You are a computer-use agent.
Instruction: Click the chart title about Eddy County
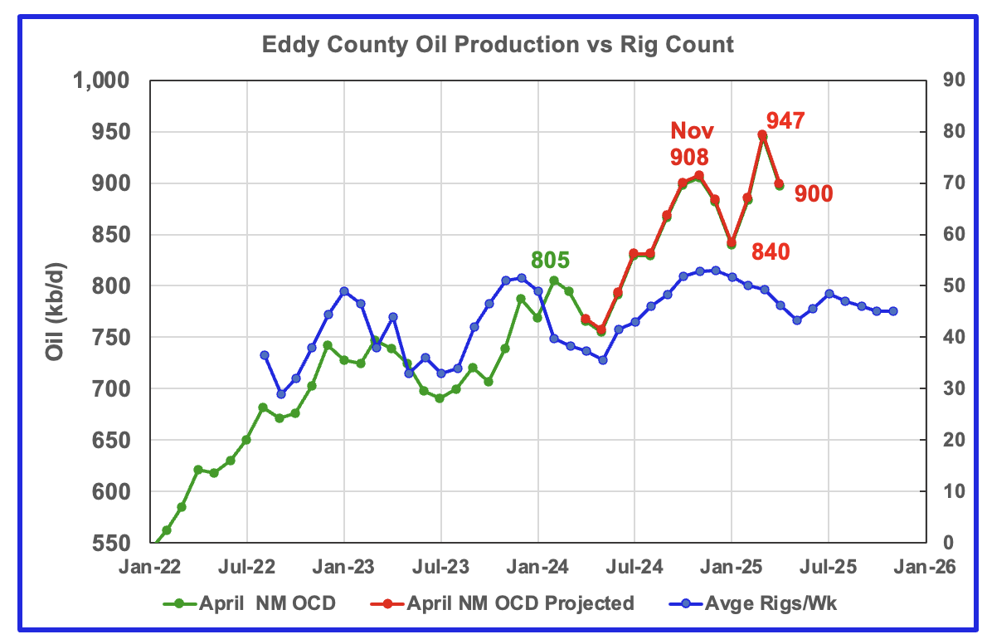[498, 44]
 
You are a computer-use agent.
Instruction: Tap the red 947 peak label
[785, 121]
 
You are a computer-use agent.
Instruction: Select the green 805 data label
[551, 261]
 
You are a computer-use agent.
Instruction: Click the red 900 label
[813, 194]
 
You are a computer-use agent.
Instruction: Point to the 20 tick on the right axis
[938, 440]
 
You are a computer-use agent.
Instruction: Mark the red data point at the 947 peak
[762, 134]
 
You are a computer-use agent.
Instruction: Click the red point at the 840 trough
[732, 243]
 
